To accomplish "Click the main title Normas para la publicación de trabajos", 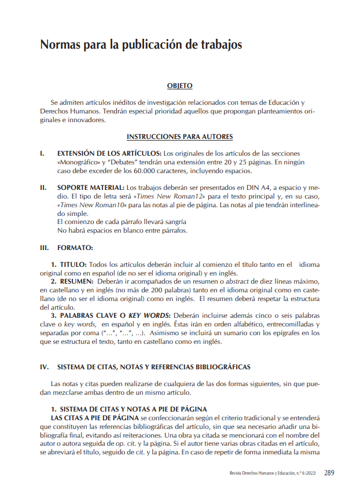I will (x=141, y=45).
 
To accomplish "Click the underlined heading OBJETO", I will (x=179, y=86).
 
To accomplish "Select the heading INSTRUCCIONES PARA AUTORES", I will (x=179, y=137).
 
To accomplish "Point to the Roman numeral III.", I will (x=44, y=248).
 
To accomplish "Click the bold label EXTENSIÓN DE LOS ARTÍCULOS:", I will (x=109, y=153).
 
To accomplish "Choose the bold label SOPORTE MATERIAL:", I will (x=91, y=188).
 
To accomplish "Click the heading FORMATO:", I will (x=75, y=248).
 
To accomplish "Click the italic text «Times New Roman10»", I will (x=91, y=205).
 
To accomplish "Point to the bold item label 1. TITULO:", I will (x=69, y=265).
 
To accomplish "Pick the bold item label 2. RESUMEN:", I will (x=72, y=281).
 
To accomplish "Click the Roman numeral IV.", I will (x=44, y=367).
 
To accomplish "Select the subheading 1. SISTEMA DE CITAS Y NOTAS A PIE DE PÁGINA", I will (x=128, y=409).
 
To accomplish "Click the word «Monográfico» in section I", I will (x=77, y=162).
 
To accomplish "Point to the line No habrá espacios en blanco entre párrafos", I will (x=122, y=230).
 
